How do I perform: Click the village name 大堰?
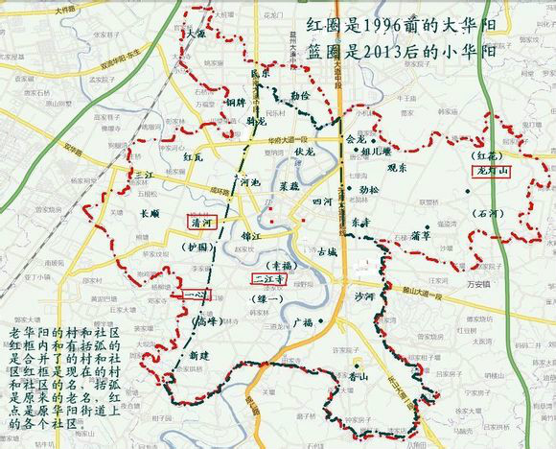(196, 33)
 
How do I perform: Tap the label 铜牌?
(235, 101)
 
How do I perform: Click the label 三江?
(144, 176)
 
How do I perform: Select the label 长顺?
(151, 215)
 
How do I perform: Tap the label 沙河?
(364, 298)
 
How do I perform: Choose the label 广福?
(305, 321)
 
